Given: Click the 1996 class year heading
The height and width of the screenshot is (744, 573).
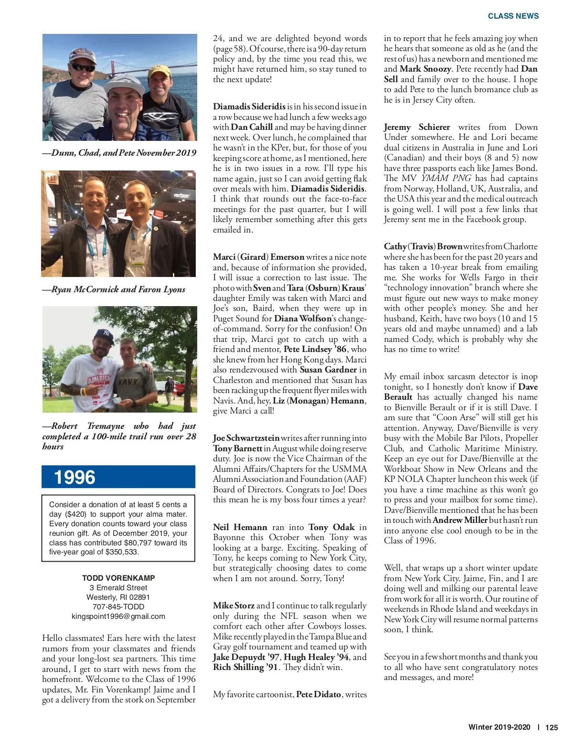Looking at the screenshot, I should pyautogui.click(x=74, y=477).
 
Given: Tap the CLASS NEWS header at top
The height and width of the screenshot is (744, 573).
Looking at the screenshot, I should pyautogui.click(x=513, y=16).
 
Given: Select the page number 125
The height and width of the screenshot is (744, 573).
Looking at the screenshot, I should pyautogui.click(x=552, y=727).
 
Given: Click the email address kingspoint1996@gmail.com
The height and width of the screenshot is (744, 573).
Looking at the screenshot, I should pyautogui.click(x=118, y=616).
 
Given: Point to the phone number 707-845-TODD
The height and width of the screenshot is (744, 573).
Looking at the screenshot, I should pyautogui.click(x=118, y=606).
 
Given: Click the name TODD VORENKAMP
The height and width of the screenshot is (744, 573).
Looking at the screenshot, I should pyautogui.click(x=118, y=578).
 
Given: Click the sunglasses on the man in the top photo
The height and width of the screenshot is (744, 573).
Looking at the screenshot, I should pyautogui.click(x=83, y=67).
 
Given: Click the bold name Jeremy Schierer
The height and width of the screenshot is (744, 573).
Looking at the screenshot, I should pyautogui.click(x=417, y=127).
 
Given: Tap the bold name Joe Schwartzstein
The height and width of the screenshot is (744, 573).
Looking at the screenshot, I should pyautogui.click(x=246, y=438).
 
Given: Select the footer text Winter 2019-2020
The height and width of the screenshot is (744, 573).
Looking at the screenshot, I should pyautogui.click(x=499, y=727).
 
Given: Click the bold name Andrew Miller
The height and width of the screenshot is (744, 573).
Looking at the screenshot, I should pyautogui.click(x=460, y=520).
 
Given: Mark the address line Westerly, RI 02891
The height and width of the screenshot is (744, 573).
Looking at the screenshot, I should pyautogui.click(x=118, y=597).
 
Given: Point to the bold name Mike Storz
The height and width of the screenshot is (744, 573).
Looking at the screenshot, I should pyautogui.click(x=233, y=606).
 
